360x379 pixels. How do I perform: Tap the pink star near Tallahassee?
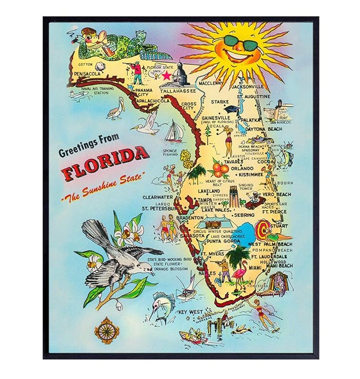pyautogui.click(x=167, y=75)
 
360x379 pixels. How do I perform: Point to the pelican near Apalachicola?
pyautogui.click(x=115, y=110)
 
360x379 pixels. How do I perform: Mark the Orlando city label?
pyautogui.click(x=243, y=168)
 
